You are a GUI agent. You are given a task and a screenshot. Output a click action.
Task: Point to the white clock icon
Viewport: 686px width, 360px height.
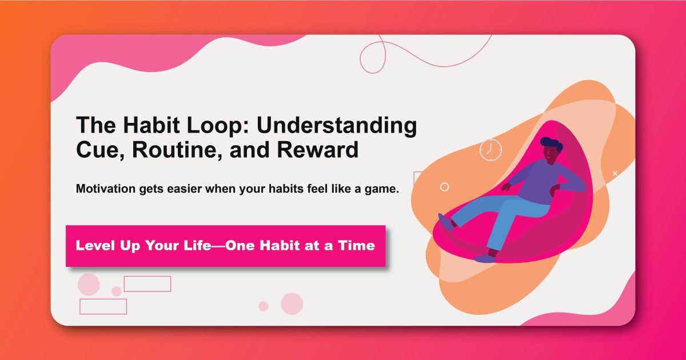[490, 150]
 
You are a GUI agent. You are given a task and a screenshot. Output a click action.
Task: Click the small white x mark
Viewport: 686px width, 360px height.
[615, 173]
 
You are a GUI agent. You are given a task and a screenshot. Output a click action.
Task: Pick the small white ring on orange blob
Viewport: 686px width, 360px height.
[444, 187]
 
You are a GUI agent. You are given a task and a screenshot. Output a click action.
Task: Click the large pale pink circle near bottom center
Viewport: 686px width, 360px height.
[292, 303]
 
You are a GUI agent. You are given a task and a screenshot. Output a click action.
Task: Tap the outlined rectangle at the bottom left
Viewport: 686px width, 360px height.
[103, 306]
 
